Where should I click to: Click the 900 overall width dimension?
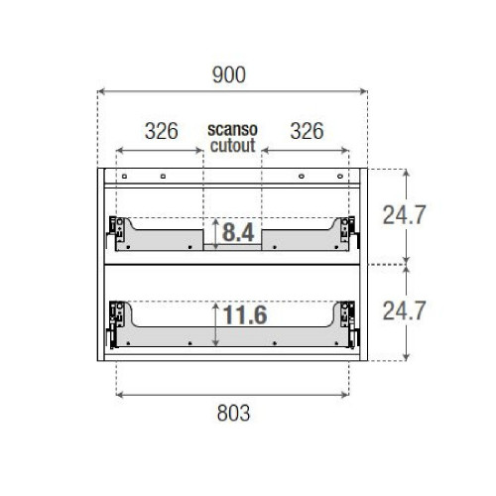(x=231, y=75)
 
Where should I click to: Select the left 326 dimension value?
(x=161, y=131)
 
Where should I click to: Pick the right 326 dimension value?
(x=306, y=131)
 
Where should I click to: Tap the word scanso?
(x=232, y=129)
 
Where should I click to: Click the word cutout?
(x=232, y=145)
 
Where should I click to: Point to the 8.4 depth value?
(x=238, y=234)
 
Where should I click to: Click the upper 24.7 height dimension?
(x=408, y=215)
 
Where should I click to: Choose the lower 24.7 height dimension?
(x=408, y=311)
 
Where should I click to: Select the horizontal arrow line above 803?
(x=232, y=394)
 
